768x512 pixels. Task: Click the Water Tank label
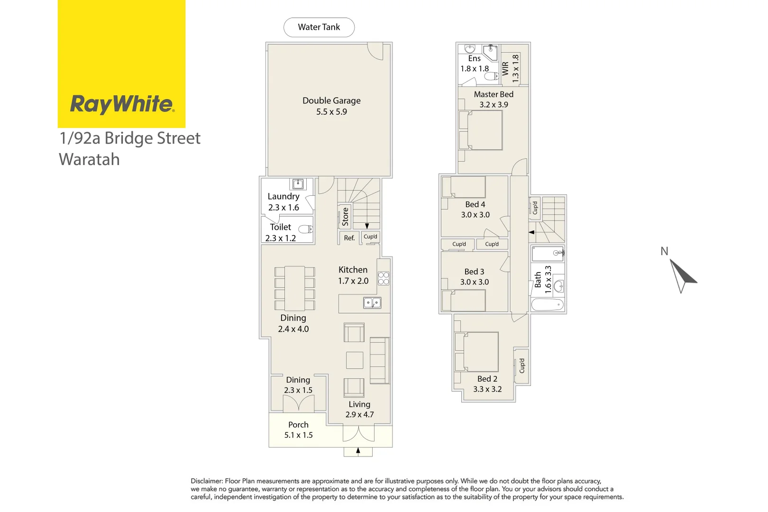(319, 27)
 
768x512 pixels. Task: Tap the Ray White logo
(122, 104)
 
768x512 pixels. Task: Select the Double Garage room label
(331, 101)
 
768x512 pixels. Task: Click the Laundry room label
(283, 196)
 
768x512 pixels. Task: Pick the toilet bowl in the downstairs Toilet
(306, 229)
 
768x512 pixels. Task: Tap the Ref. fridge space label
(349, 238)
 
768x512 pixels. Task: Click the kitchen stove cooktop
(384, 278)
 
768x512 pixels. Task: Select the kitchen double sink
(372, 302)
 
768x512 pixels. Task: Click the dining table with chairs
(294, 288)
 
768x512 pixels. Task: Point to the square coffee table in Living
(354, 360)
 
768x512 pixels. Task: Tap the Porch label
(298, 425)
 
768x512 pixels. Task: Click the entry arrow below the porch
(358, 451)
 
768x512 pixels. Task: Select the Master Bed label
(494, 94)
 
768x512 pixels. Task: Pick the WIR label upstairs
(505, 68)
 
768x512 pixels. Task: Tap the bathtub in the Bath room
(548, 304)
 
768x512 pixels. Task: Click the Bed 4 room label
(475, 204)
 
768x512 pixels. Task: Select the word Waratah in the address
(90, 160)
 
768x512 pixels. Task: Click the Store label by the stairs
(345, 217)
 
